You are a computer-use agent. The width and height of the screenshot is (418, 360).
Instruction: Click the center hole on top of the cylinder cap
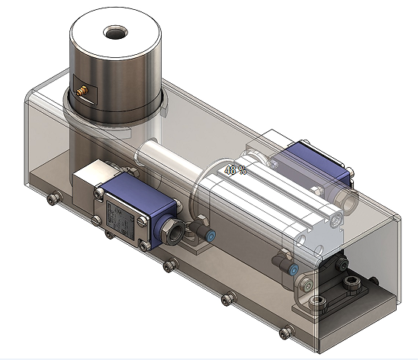point(117,34)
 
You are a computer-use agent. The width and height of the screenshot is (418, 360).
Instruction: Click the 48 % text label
point(234,169)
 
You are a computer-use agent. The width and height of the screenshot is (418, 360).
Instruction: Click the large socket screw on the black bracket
point(352,284)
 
